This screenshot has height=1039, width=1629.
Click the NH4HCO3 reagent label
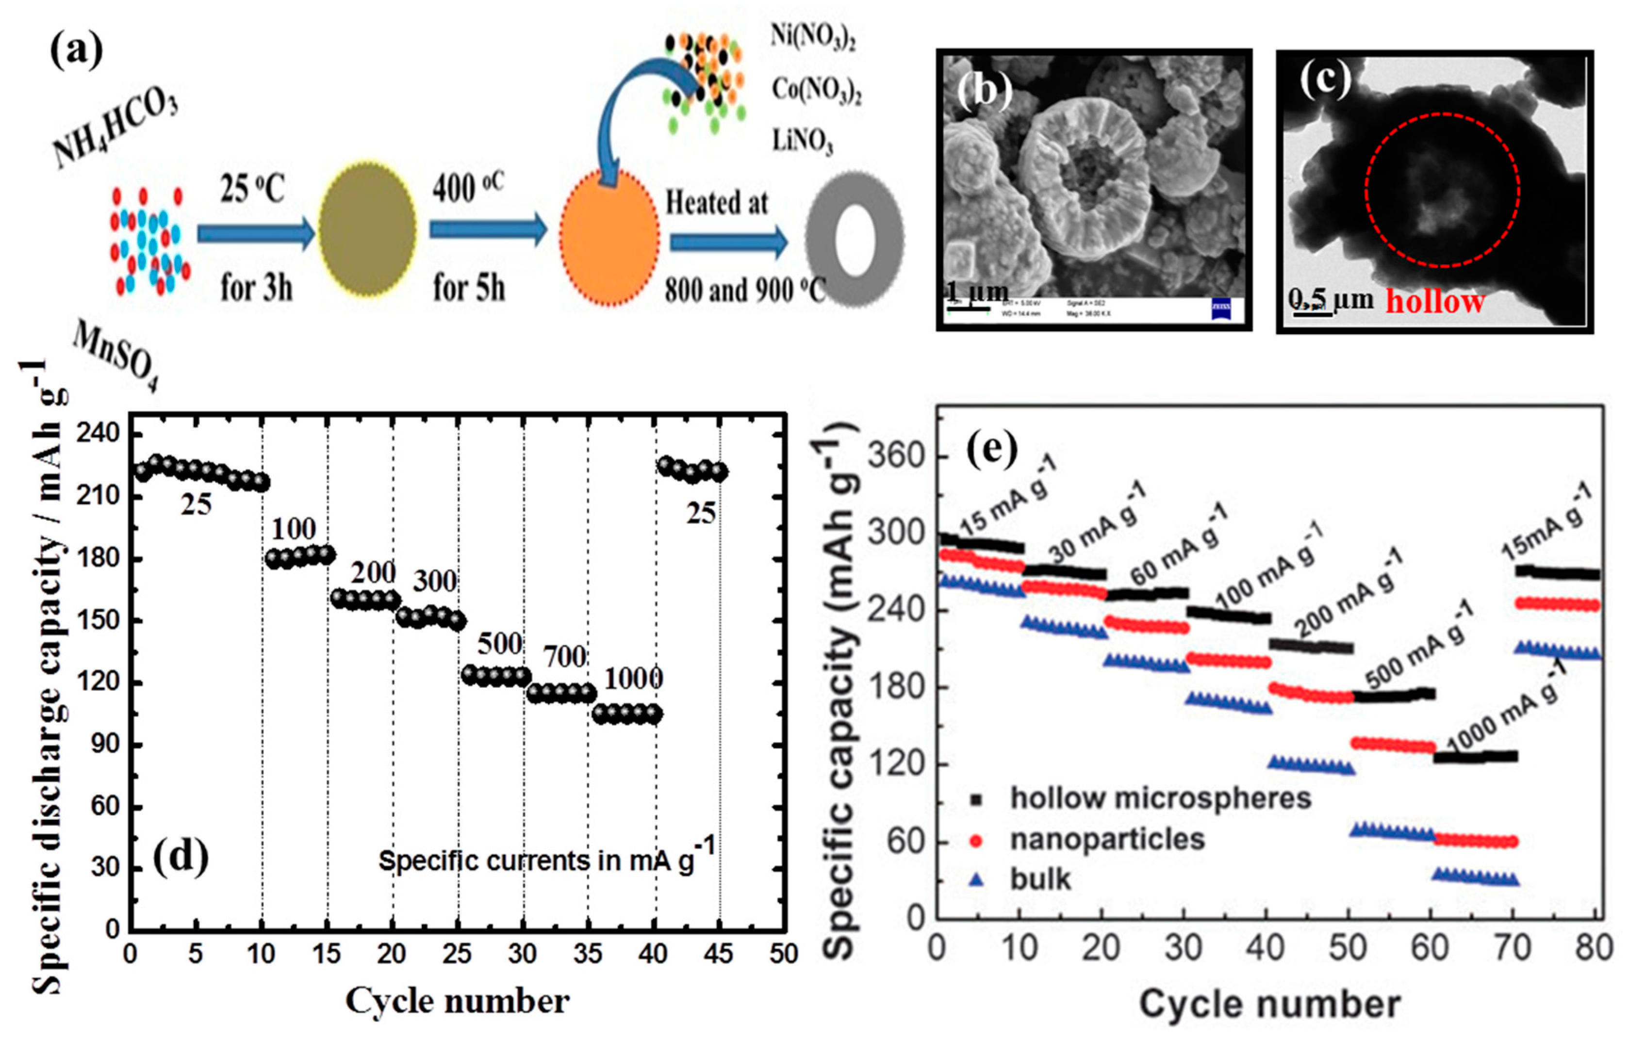(115, 129)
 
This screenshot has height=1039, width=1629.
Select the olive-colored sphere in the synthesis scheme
(367, 230)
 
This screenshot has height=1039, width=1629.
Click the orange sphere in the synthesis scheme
(609, 233)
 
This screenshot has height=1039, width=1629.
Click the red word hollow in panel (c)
(1435, 302)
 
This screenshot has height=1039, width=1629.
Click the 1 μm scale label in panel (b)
(977, 292)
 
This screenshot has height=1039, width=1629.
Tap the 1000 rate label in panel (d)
(632, 679)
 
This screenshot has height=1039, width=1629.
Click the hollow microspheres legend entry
(1160, 799)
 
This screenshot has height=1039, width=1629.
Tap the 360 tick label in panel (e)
(896, 456)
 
